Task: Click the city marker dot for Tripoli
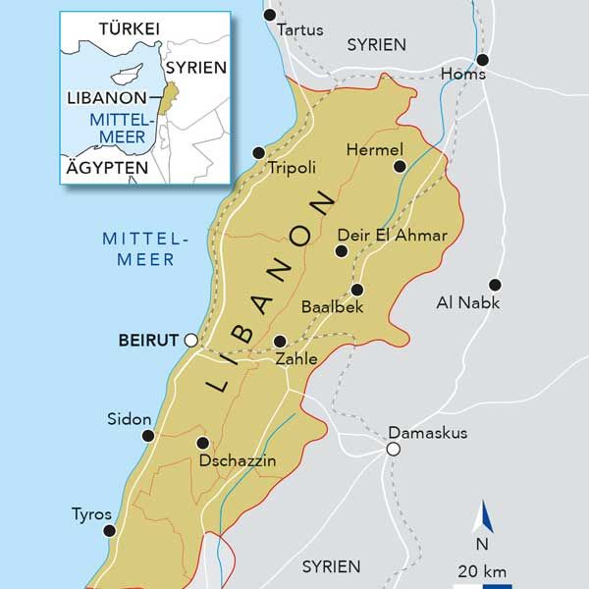click(258, 153)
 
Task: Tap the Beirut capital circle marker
click(191, 341)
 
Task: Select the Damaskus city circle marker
click(393, 450)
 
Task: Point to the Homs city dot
click(482, 60)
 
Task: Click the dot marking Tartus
click(270, 16)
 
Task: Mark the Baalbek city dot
click(356, 290)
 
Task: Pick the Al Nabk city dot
click(495, 285)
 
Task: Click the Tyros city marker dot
click(110, 530)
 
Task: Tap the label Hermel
click(375, 149)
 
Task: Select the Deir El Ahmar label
click(392, 236)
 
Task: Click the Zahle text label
click(296, 359)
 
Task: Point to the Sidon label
click(130, 419)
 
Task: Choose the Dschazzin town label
click(237, 460)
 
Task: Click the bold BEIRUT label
click(147, 341)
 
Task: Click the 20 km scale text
click(481, 570)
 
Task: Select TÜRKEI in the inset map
click(128, 29)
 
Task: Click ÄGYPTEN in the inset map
click(106, 168)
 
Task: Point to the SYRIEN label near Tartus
click(377, 44)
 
